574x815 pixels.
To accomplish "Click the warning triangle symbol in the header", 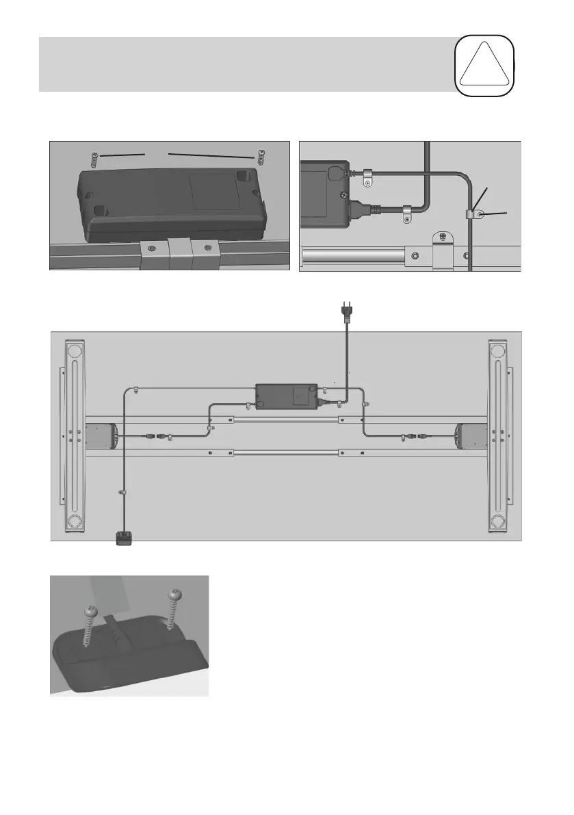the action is pyautogui.click(x=486, y=63).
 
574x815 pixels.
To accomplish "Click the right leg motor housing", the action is pyautogui.click(x=471, y=435).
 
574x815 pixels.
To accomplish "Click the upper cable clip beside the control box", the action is pyautogui.click(x=367, y=177).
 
